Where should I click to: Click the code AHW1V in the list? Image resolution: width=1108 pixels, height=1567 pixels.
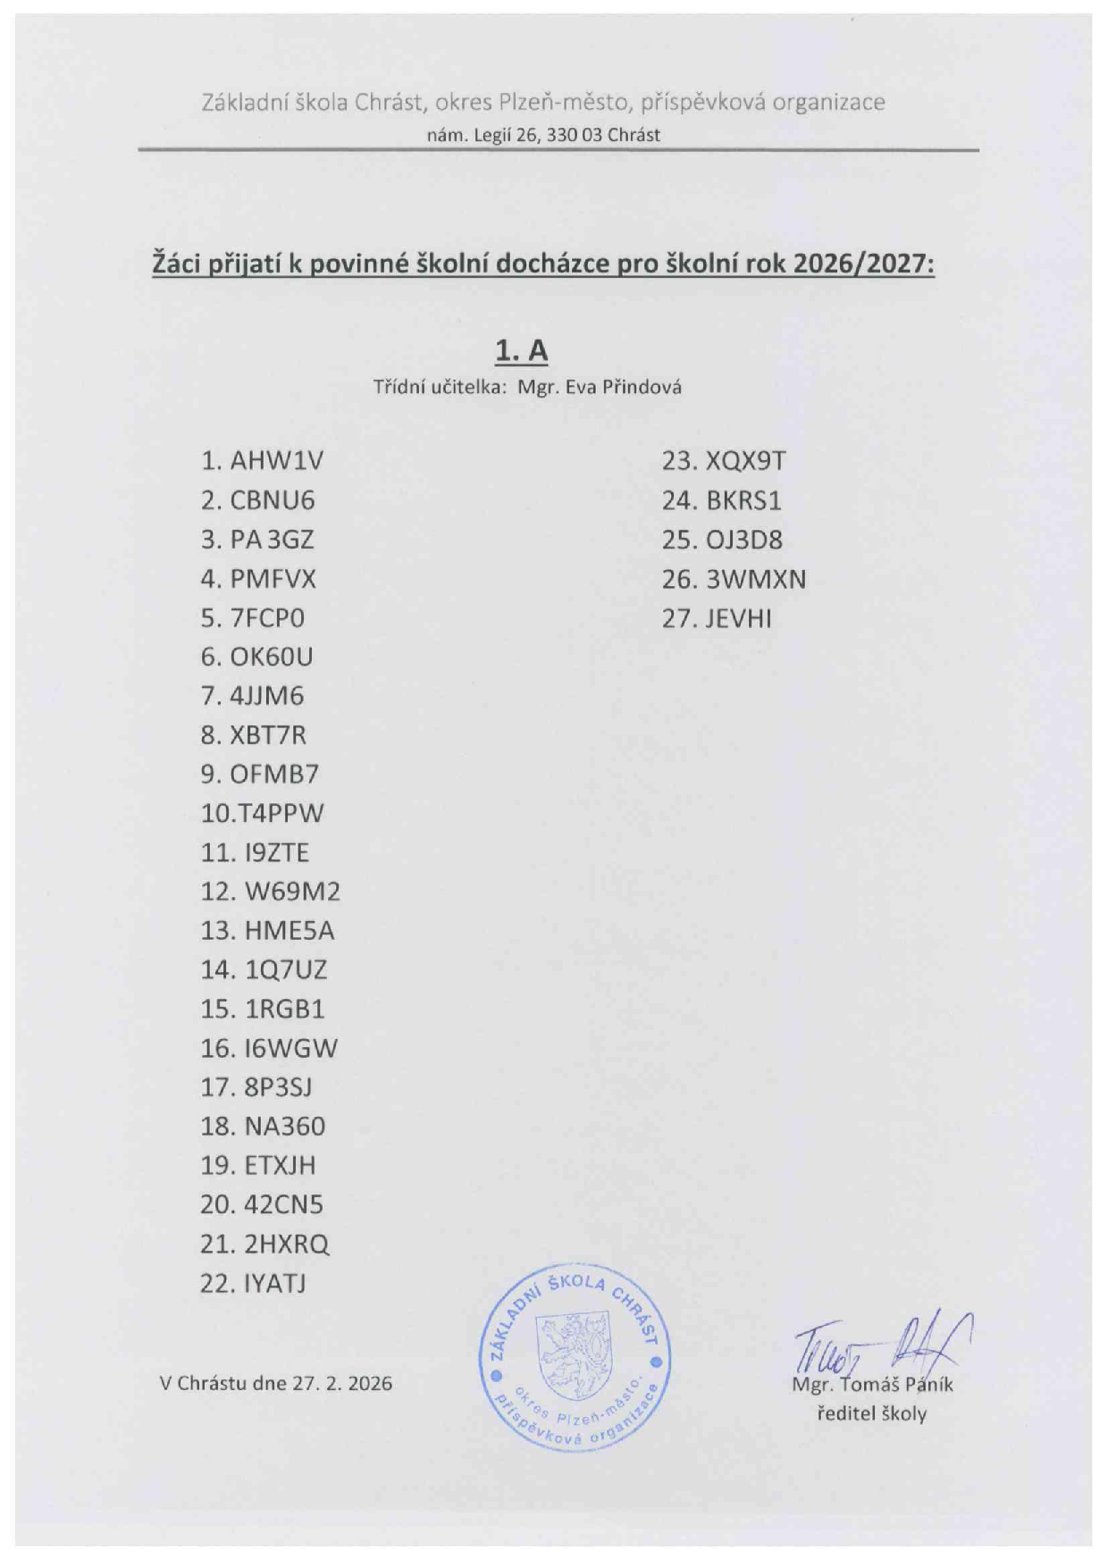[276, 461]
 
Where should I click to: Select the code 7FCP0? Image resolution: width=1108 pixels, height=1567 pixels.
[267, 618]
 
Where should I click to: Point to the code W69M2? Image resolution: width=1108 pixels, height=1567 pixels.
[292, 892]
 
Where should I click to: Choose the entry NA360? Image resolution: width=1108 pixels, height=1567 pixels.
[285, 1127]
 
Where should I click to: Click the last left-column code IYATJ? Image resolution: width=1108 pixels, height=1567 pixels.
[274, 1284]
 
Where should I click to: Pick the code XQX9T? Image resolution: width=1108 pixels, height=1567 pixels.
[746, 461]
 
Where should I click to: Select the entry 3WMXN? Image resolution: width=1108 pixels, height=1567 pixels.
[756, 580]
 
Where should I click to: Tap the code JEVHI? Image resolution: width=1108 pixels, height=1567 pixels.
[738, 618]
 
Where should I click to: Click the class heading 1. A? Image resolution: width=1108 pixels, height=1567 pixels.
[522, 351]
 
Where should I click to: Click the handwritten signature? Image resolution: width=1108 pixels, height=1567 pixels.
[880, 1345]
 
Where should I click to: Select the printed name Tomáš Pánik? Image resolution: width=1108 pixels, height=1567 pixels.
[897, 1385]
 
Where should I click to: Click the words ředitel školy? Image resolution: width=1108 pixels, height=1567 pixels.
[871, 1414]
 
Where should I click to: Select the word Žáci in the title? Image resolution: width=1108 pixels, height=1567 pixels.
[178, 264]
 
